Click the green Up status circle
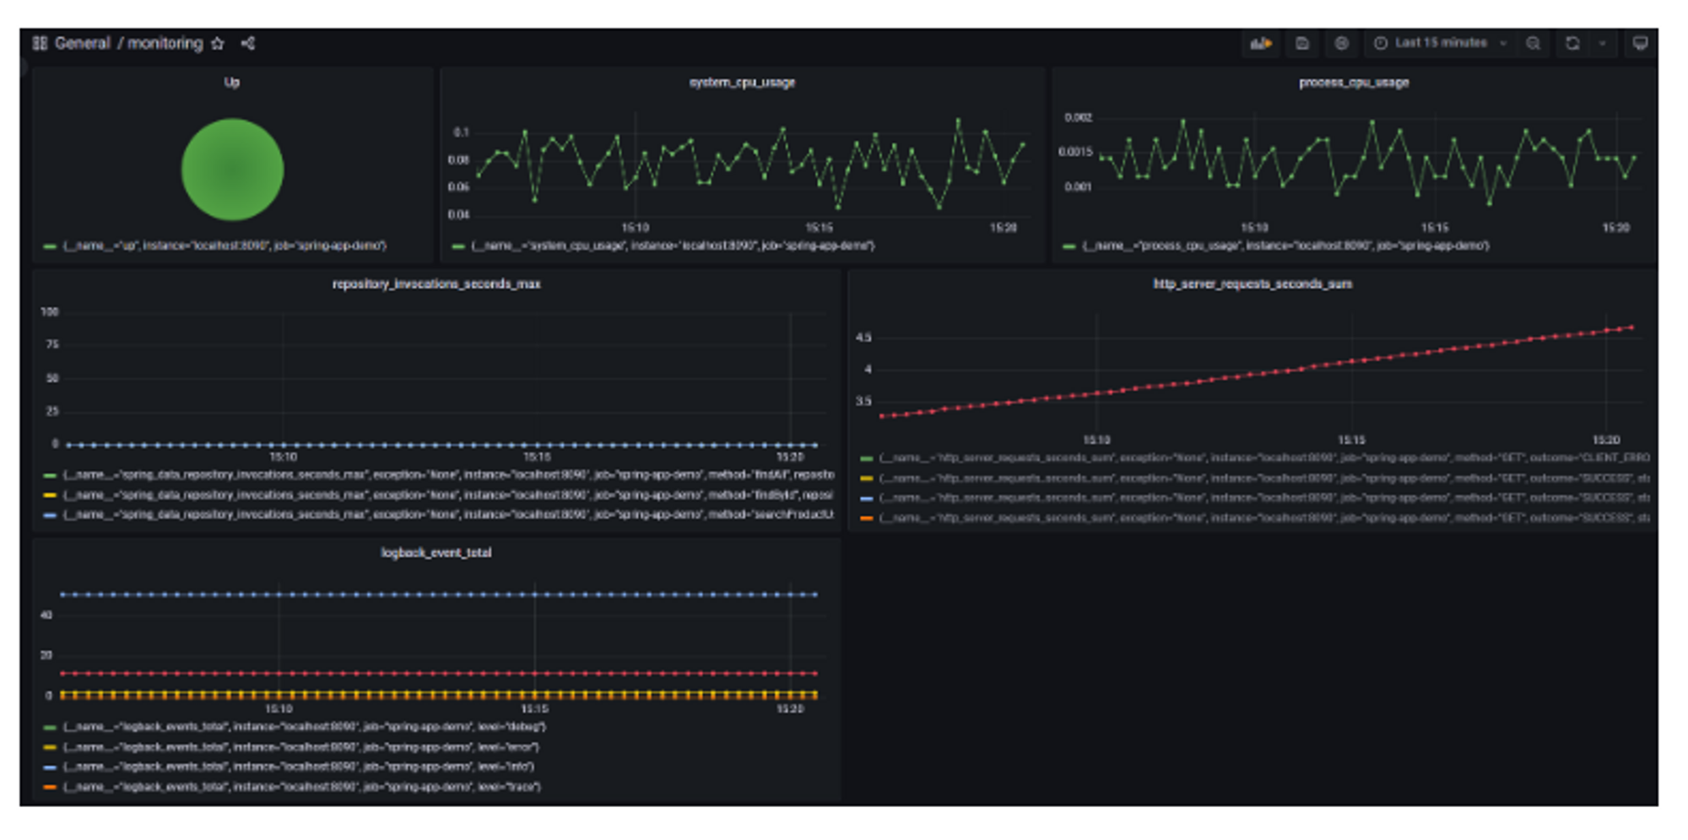point(232,170)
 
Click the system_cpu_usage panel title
point(742,83)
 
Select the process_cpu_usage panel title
point(1353,83)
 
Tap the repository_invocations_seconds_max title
point(436,284)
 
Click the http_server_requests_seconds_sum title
point(1252,284)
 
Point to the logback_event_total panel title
point(436,553)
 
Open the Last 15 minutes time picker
point(1440,43)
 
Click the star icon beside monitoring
point(218,44)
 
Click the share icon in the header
point(248,44)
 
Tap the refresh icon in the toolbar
point(1572,44)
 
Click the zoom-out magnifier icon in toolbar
point(1533,44)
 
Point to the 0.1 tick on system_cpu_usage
point(461,132)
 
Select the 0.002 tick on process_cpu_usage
point(1078,118)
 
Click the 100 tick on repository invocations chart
point(50,312)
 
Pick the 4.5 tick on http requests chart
point(863,337)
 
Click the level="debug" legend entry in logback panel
point(304,727)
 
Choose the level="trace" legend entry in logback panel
point(301,787)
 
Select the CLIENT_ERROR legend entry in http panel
point(1263,458)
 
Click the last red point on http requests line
point(1631,327)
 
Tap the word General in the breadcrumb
point(82,44)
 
